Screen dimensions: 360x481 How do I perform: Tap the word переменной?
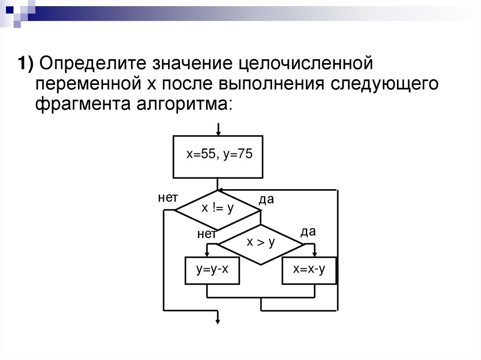pyautogui.click(x=83, y=84)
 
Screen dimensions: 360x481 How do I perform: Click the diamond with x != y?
pyautogui.click(x=217, y=210)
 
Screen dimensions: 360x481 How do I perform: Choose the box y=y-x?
pyautogui.click(x=212, y=270)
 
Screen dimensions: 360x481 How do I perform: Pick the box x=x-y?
pyautogui.click(x=309, y=270)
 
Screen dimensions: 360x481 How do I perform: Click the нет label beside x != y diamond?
pyautogui.click(x=167, y=198)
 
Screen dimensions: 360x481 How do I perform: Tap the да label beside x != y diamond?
pyautogui.click(x=266, y=200)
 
